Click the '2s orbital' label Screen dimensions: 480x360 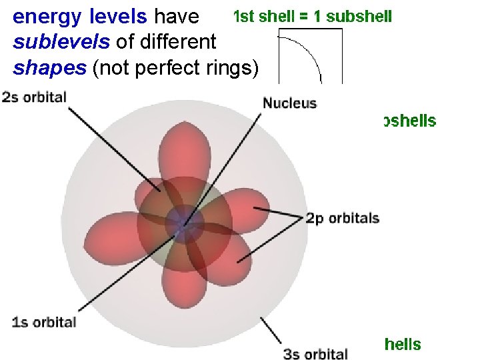[35, 97]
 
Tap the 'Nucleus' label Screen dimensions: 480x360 [289, 103]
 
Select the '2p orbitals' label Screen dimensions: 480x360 [343, 219]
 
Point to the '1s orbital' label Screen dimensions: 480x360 [44, 323]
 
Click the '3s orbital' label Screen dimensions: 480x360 [316, 354]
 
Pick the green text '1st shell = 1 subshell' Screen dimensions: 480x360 [312, 16]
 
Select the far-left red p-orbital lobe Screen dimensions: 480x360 [107, 237]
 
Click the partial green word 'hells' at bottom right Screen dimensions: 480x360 [402, 345]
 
